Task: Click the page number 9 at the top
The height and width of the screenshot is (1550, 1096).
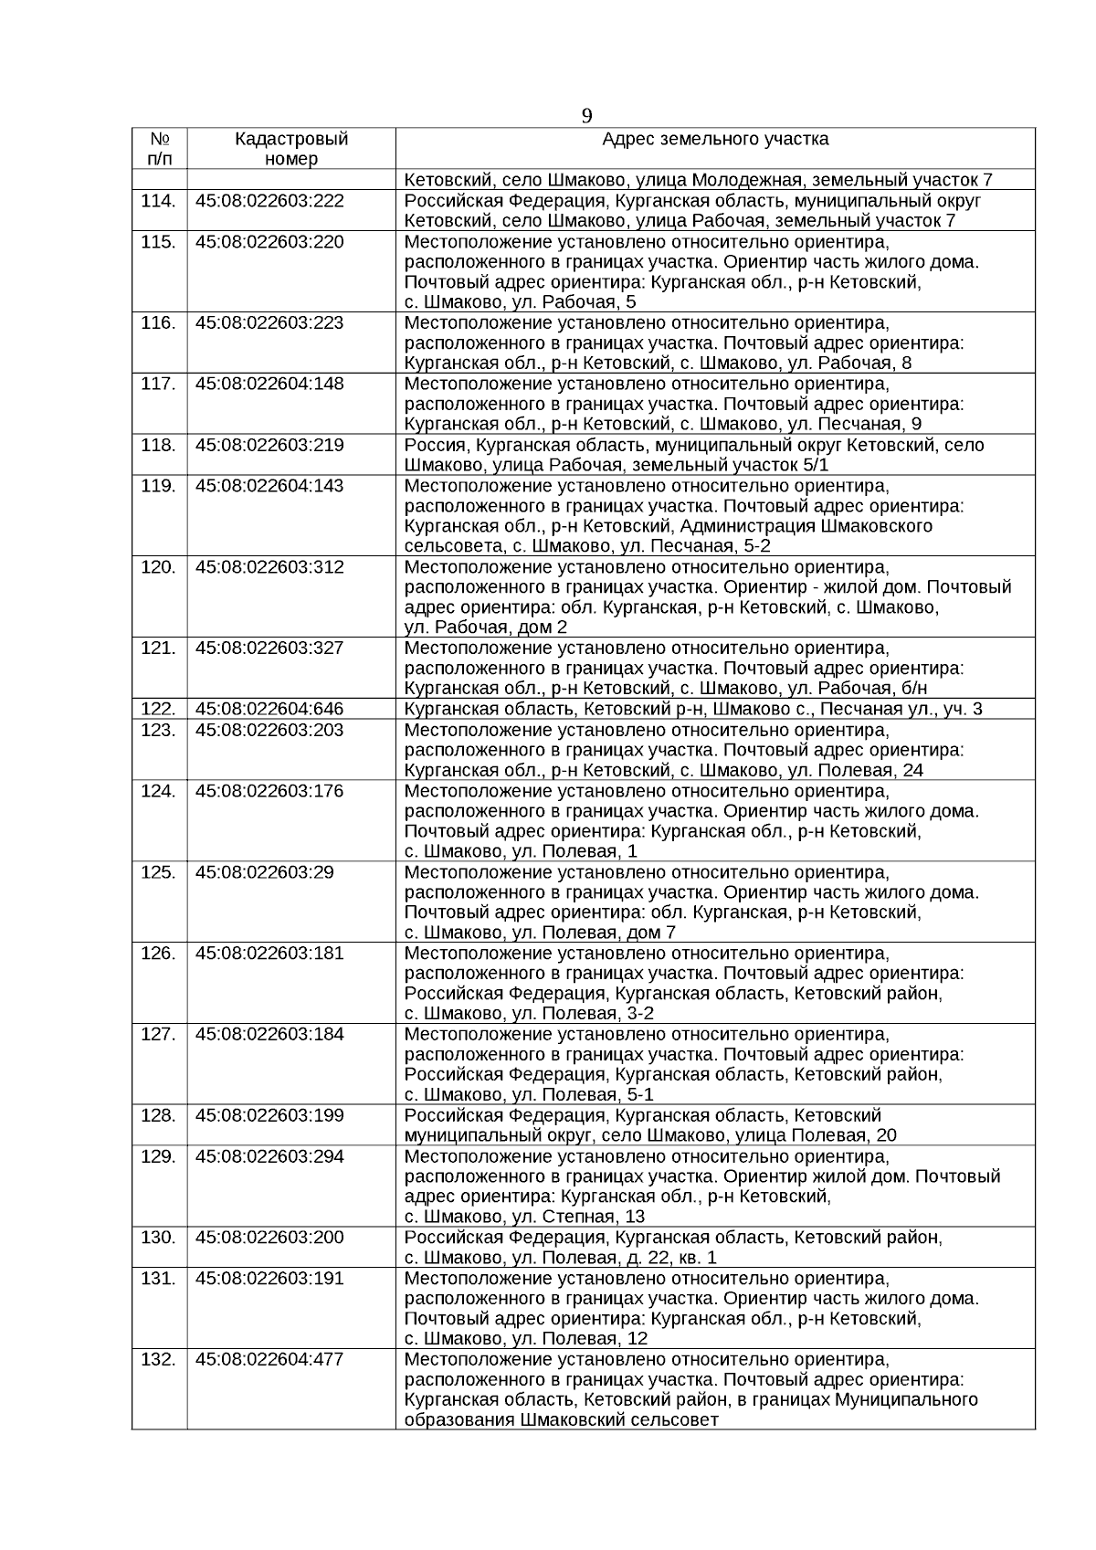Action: point(586,116)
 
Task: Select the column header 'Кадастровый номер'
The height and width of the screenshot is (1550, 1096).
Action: point(291,149)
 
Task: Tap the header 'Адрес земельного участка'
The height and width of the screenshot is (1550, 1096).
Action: point(715,139)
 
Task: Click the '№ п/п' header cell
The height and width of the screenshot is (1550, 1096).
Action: point(160,149)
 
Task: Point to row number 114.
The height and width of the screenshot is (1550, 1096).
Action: point(159,201)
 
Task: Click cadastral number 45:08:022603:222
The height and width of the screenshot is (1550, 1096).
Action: point(269,201)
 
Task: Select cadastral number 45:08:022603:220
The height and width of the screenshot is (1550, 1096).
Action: point(269,241)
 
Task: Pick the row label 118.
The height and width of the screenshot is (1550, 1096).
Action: point(159,445)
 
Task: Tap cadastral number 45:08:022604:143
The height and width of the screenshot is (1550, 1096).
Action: point(269,485)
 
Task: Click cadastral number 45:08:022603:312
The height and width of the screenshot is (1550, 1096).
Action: point(269,566)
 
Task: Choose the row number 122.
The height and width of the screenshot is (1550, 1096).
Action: point(159,709)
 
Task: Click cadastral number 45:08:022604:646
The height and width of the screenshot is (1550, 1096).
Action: point(269,709)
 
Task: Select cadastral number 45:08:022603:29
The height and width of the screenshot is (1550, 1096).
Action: point(265,871)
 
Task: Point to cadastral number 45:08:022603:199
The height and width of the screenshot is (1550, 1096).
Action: point(269,1115)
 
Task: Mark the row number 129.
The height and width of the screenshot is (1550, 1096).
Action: point(159,1156)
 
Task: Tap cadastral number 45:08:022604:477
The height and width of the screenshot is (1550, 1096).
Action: point(269,1359)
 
